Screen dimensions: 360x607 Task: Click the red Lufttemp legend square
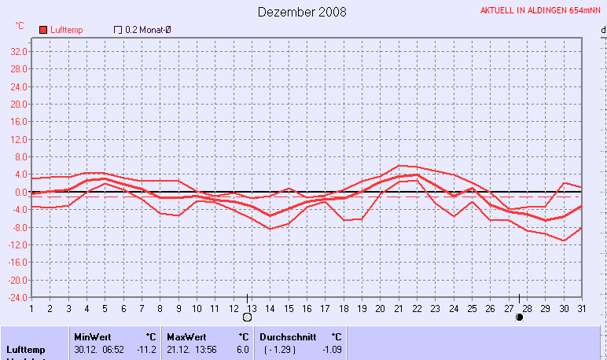coord(44,29)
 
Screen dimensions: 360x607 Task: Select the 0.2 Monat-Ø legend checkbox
coord(118,29)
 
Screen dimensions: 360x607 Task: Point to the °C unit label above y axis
coord(20,26)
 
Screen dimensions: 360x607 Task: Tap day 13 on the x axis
coord(252,308)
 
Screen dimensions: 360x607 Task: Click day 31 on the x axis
coord(581,308)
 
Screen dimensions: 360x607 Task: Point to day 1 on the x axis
coord(31,308)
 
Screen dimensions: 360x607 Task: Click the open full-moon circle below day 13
coord(248,318)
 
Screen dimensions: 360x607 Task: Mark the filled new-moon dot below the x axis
coord(519,318)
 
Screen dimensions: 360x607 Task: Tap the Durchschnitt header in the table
coord(288,336)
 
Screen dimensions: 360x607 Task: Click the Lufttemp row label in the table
coord(26,349)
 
